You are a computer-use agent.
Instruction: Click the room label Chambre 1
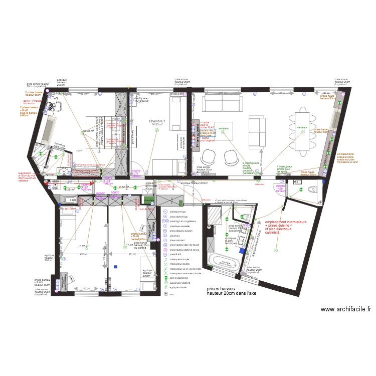click(157, 121)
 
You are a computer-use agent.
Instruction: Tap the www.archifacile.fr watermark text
click(345, 310)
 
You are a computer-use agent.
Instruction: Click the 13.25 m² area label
click(83, 247)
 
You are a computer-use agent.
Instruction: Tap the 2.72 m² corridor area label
click(124, 186)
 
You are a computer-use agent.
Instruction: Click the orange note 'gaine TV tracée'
click(31, 102)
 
